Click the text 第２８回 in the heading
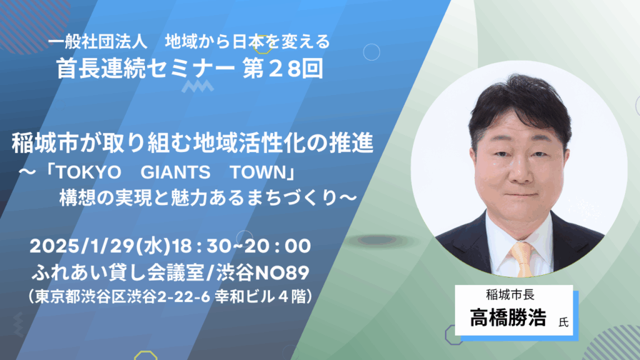click(x=283, y=69)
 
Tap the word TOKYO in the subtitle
click(x=89, y=172)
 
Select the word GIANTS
click(x=176, y=172)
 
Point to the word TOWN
click(x=258, y=172)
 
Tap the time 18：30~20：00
click(x=241, y=246)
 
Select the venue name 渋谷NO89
click(x=262, y=272)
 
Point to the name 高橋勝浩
click(x=507, y=317)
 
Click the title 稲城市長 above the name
click(x=510, y=294)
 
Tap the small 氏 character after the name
click(x=563, y=322)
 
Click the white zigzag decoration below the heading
click(x=197, y=86)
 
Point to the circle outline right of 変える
click(x=371, y=52)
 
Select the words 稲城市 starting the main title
click(x=45, y=143)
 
